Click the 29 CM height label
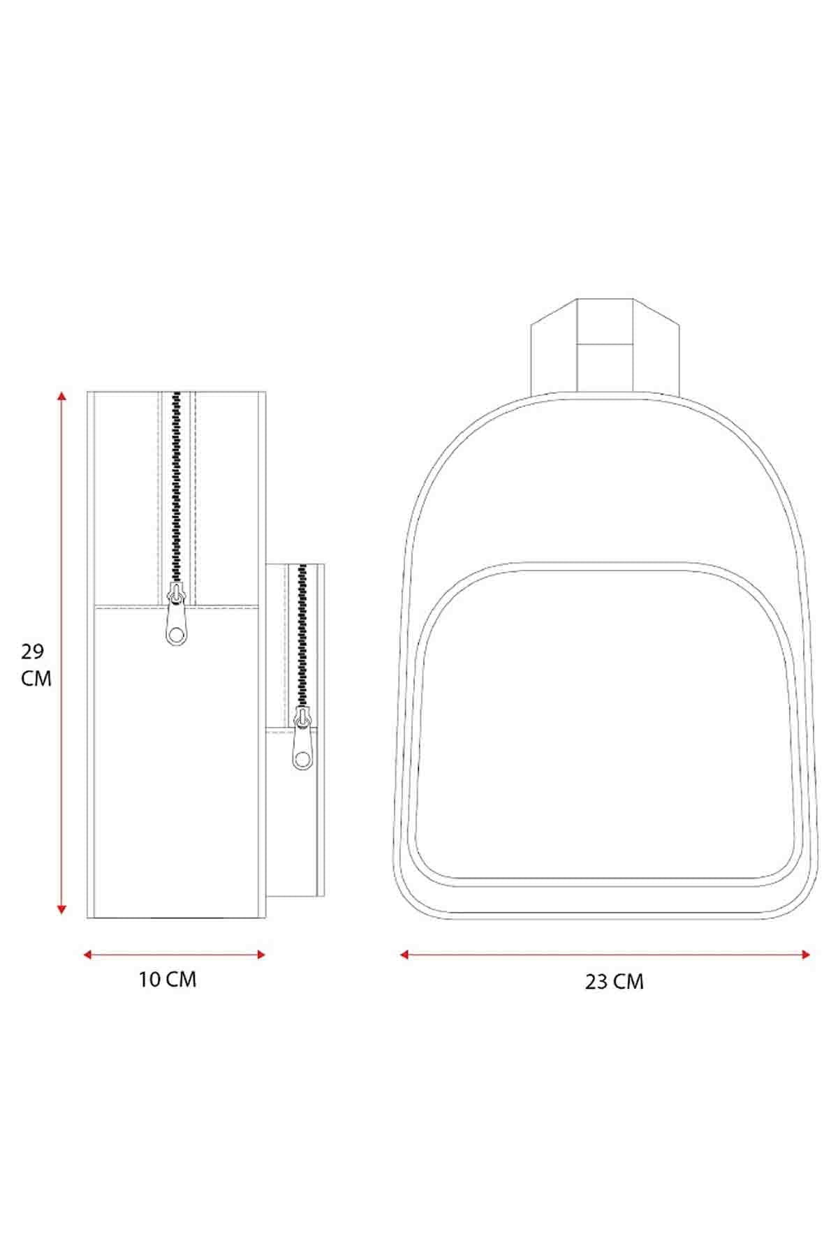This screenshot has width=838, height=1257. point(36,665)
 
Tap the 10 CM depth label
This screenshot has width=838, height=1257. point(168,979)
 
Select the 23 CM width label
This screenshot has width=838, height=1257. point(615,982)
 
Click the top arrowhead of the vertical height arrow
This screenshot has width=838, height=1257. point(62,396)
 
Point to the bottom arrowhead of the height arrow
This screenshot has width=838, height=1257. point(62,909)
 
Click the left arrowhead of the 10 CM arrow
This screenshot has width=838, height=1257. point(88,955)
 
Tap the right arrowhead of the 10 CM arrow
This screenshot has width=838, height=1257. point(261,955)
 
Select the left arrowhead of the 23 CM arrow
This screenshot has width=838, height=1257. point(404,954)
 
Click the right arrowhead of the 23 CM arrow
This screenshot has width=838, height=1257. point(806,954)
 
